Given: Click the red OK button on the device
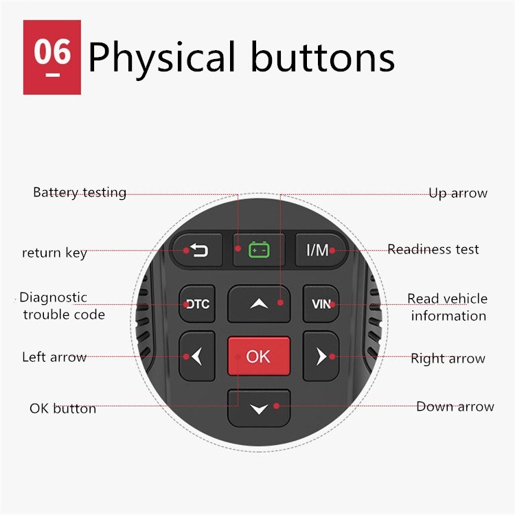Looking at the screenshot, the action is coord(259,356).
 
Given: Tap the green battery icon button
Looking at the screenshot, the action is coord(259,250).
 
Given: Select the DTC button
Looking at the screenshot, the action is coord(197,304).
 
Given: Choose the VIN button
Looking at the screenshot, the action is coord(321,304).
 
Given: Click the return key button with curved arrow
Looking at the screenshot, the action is coord(198,250).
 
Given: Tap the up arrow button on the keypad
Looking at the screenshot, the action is coord(259,304).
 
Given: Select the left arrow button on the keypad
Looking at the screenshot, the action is coord(197,356).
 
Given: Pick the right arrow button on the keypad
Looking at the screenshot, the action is coord(321,356).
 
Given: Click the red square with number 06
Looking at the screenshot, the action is coord(52,57).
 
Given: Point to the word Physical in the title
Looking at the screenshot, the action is coord(162,58).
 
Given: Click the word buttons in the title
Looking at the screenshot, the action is coord(323,56).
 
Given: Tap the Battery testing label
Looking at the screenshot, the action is coord(80,192).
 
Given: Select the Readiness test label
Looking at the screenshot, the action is coord(433,249).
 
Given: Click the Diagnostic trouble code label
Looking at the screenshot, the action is coord(62,306).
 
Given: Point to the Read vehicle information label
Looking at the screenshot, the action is coord(447,307).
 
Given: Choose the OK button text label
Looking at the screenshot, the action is coord(62,409).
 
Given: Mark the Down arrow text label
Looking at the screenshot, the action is coord(455,407).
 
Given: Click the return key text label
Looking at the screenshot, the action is coord(54,253).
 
